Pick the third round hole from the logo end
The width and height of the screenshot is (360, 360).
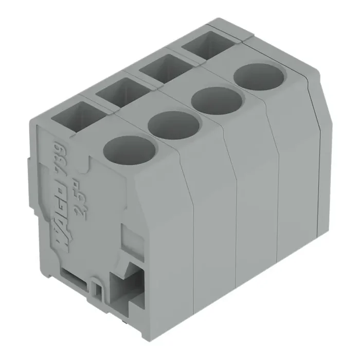point(217,101)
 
